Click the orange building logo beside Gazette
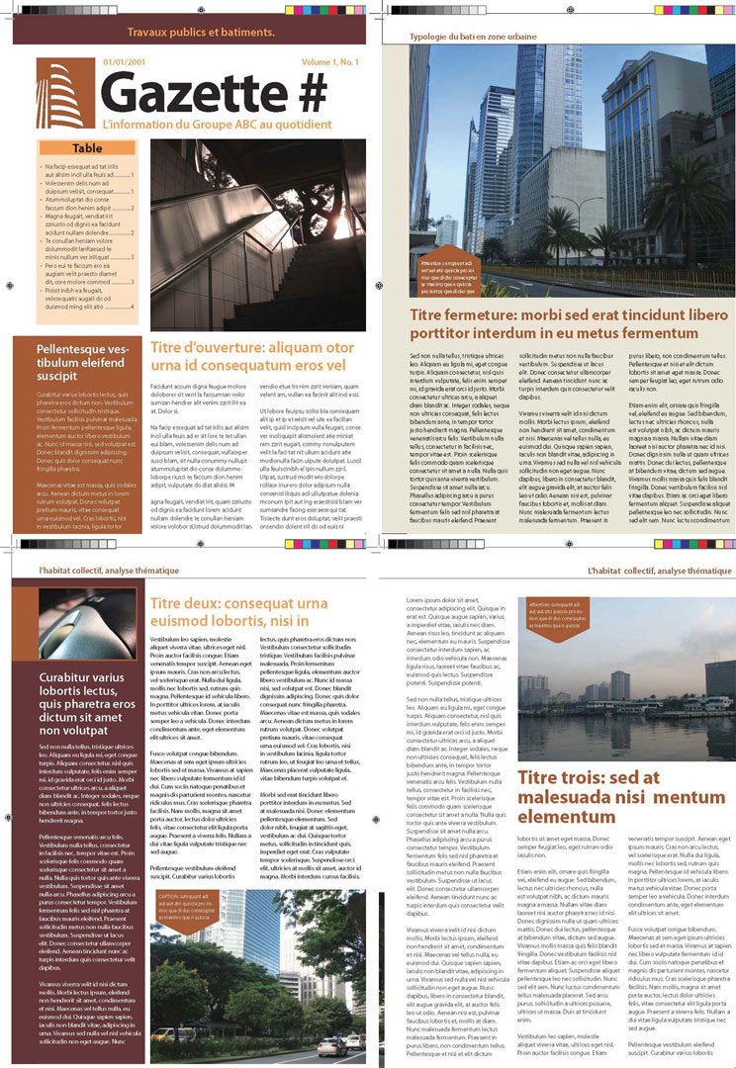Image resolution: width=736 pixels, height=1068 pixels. click(x=66, y=94)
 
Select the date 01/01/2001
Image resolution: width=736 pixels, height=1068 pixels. click(x=124, y=62)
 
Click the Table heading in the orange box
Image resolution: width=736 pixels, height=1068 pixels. click(x=87, y=148)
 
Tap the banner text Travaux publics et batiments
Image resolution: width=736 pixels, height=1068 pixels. click(x=201, y=33)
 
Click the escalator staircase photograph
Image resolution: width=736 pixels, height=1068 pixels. click(x=257, y=234)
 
